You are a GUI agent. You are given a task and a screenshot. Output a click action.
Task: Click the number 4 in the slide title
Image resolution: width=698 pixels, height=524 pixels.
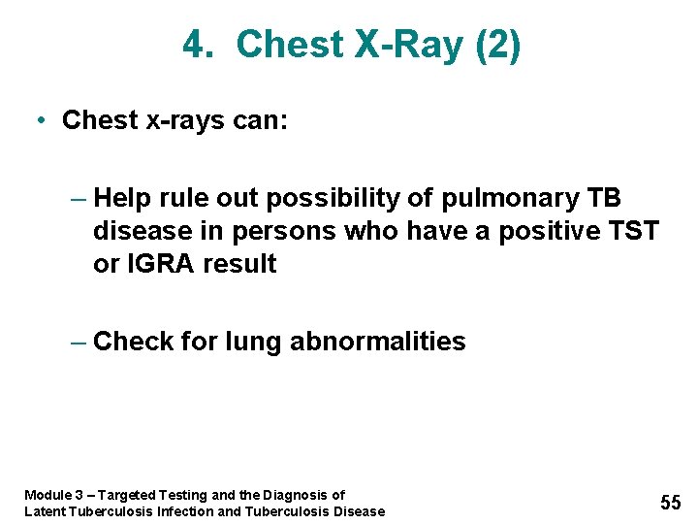(195, 46)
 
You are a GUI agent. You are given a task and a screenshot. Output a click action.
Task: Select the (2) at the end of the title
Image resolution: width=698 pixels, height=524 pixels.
(497, 46)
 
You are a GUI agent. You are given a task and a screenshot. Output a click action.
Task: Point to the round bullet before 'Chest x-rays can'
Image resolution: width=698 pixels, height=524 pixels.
(40, 120)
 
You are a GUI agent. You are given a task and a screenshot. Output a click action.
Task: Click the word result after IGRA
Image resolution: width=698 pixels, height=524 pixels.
(240, 264)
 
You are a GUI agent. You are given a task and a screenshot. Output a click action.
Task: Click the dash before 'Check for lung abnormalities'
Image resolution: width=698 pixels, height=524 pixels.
(79, 342)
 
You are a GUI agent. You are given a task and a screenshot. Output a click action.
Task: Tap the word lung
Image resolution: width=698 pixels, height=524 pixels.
(253, 343)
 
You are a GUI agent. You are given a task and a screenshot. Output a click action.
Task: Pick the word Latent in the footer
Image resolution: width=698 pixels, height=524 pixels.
(45, 511)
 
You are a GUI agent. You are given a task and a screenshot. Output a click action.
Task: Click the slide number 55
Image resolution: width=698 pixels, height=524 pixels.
(671, 503)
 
